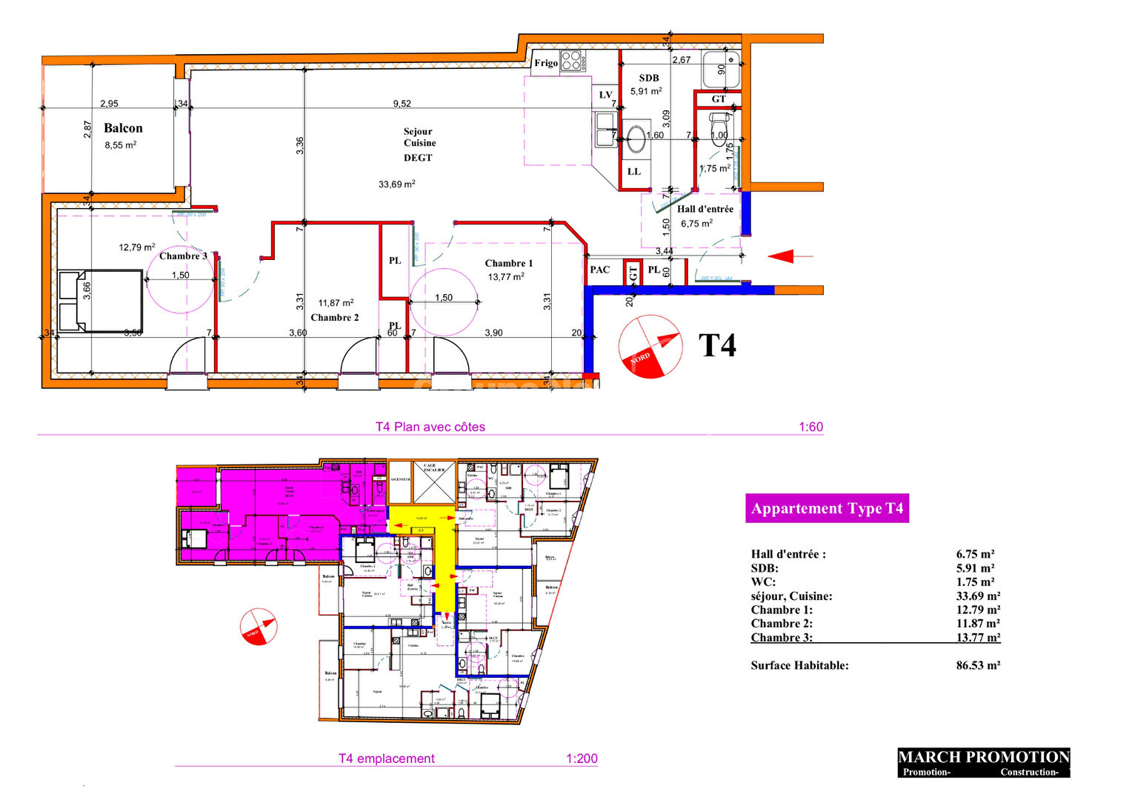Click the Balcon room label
123,128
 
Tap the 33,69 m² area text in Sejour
396,184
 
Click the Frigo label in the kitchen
546,63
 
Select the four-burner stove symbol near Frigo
570,60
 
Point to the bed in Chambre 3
100,301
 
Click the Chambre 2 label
335,317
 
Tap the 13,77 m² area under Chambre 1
506,277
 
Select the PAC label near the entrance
600,270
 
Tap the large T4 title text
718,345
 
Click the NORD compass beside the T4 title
650,347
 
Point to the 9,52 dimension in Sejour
402,104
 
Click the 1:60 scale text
810,427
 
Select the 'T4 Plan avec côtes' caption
430,427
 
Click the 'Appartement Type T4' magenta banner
827,508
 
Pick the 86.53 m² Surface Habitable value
978,665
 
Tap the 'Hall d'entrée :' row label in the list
788,554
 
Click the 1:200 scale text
582,759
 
